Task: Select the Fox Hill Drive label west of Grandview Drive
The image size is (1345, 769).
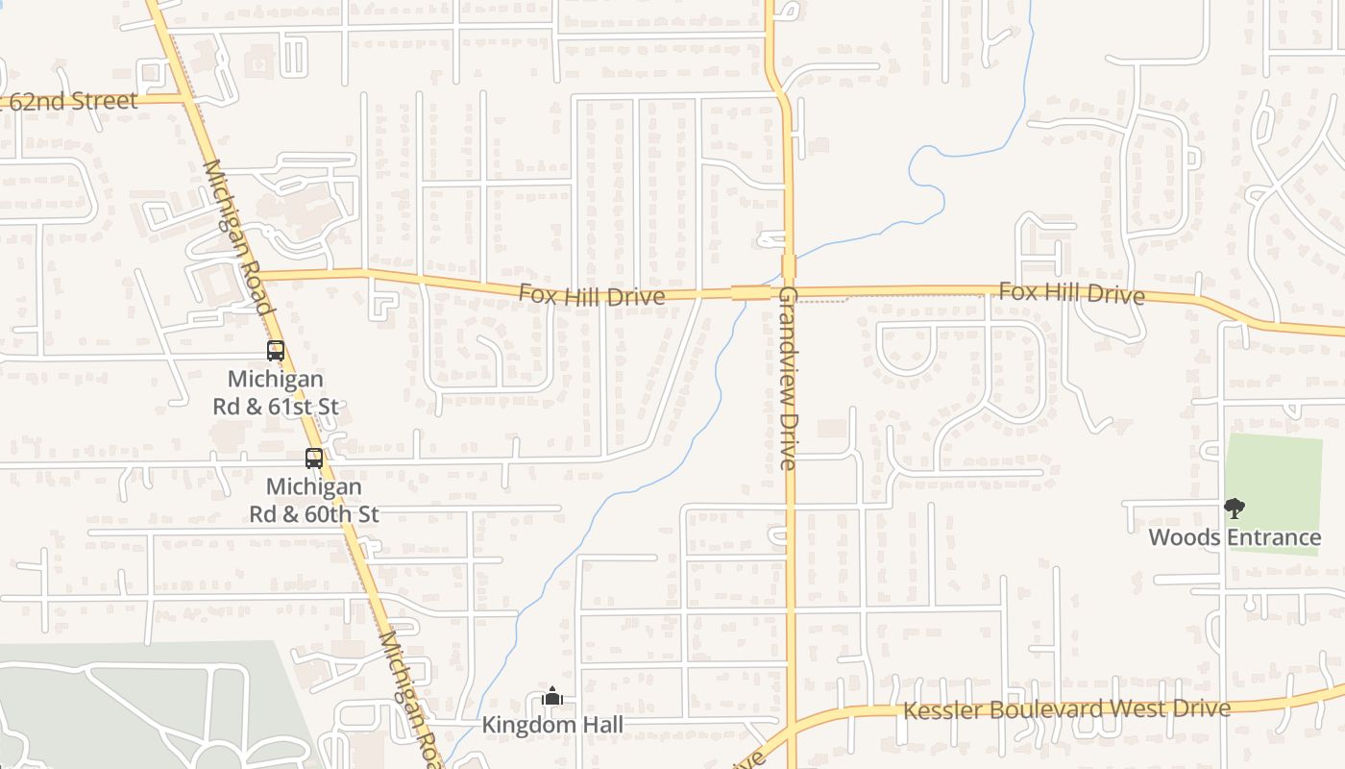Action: [592, 295]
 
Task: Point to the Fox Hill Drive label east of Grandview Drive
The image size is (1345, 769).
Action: [1071, 292]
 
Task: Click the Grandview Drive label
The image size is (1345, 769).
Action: [789, 378]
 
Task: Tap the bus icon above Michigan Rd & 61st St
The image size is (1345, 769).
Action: [276, 351]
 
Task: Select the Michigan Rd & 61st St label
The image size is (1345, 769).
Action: [276, 393]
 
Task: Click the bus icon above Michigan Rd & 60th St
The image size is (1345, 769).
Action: [314, 459]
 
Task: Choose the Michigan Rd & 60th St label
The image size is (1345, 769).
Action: [314, 500]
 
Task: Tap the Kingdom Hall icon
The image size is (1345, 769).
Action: [552, 696]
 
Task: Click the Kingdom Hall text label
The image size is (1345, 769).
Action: [552, 725]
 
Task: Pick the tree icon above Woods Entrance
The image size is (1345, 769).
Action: [1235, 509]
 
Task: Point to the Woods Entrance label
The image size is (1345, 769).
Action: [1235, 537]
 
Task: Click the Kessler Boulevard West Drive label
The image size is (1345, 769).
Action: [1066, 710]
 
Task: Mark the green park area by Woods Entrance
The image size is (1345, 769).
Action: [1278, 471]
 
